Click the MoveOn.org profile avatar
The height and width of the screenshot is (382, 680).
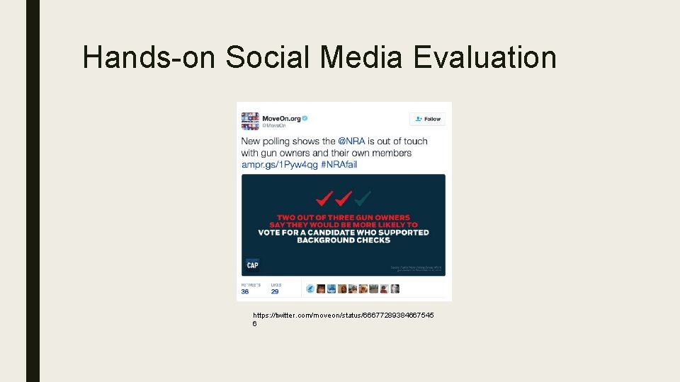[x=250, y=121]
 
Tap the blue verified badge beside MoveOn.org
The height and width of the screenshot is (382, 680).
[x=305, y=118]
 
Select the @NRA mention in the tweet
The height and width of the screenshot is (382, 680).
[x=351, y=141]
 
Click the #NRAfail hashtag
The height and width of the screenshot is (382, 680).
[x=339, y=164]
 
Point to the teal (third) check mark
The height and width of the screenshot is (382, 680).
[x=363, y=197]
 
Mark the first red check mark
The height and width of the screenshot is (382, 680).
[x=325, y=197]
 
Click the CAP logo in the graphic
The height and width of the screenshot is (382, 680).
[x=252, y=265]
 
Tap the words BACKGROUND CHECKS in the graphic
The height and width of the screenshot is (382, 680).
[x=344, y=240]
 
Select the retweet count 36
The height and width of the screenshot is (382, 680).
[x=244, y=291]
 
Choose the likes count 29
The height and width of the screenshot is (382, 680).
[x=275, y=291]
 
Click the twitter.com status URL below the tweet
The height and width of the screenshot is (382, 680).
[x=344, y=314]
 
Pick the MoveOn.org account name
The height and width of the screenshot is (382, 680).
[x=280, y=118]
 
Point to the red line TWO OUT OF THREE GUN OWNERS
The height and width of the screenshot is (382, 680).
[x=344, y=217]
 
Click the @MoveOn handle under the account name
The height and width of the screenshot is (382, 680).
[x=275, y=126]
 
